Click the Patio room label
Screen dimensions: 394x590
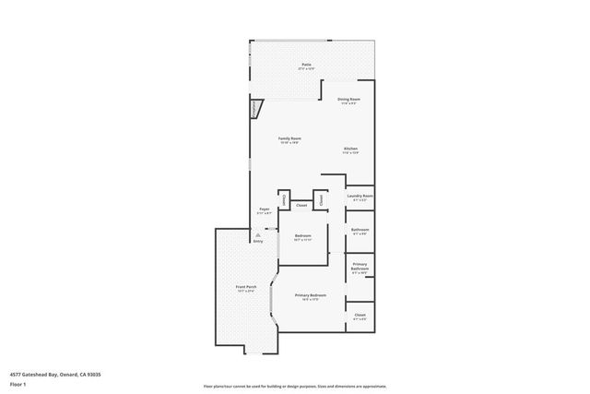coord(305,65)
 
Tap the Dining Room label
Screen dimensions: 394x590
coord(348,99)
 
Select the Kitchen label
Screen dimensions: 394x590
coord(351,149)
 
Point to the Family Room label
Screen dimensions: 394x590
coord(290,138)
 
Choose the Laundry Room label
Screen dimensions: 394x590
coord(360,196)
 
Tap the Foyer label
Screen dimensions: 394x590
coord(265,209)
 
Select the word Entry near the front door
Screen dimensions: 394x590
coord(258,241)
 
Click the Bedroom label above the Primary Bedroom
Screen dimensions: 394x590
coord(303,235)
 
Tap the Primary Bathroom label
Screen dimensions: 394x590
coord(360,267)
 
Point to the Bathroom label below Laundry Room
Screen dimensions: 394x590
coord(360,229)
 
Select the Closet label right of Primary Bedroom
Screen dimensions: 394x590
coord(360,315)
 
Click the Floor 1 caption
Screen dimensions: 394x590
coord(18,382)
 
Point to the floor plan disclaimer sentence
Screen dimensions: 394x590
coord(295,387)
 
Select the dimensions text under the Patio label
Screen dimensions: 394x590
coord(305,69)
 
